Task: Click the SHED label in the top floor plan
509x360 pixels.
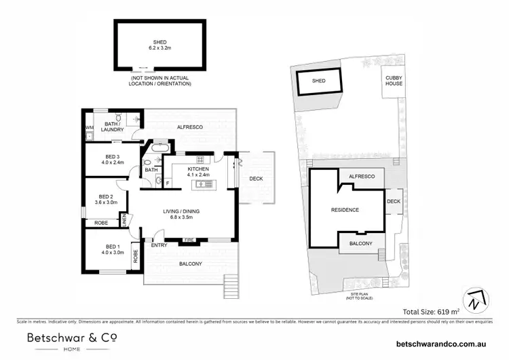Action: (162, 41)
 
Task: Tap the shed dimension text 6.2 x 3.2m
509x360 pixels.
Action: (162, 48)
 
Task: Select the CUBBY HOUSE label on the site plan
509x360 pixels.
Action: (394, 81)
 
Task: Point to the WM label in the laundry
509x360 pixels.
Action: (89, 127)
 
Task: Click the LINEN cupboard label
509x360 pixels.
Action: (124, 220)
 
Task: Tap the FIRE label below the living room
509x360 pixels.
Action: (189, 239)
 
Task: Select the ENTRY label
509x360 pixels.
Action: (159, 245)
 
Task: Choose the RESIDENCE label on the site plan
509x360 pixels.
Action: (345, 210)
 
